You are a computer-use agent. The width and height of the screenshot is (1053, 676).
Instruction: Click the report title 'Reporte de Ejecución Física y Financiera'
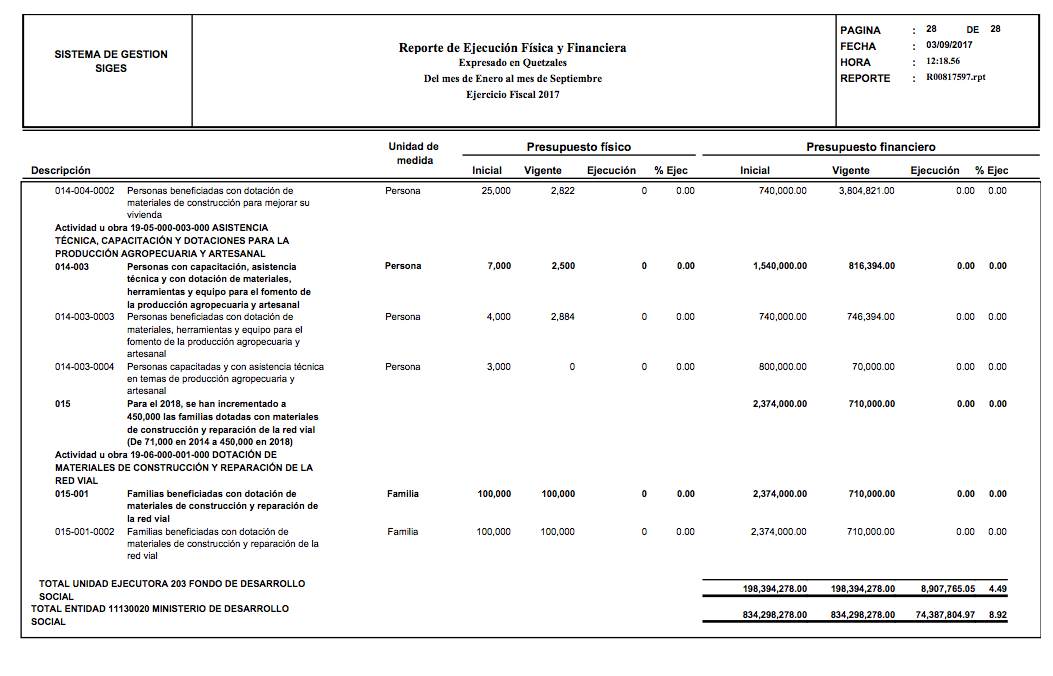pos(512,48)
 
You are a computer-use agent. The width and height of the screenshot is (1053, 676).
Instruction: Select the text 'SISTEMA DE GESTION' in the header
pos(111,54)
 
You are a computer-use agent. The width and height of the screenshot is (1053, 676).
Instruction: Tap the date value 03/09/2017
pos(949,45)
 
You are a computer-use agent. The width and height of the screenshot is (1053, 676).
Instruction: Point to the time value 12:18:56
pos(945,61)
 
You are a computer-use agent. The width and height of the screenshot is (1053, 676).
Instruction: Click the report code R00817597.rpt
pos(955,77)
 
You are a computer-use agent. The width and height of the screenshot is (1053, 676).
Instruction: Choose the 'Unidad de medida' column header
pos(413,153)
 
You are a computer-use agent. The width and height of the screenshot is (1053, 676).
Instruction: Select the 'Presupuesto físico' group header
pos(579,147)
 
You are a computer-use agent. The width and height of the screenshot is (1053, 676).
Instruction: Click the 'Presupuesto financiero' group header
pos(870,147)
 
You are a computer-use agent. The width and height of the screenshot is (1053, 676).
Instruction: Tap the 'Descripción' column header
pos(60,170)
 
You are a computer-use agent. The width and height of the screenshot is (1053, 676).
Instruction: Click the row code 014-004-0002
pos(84,190)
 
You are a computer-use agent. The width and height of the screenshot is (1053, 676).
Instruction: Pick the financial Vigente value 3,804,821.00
pos(866,190)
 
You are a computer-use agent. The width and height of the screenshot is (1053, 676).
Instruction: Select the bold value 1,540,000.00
pos(779,266)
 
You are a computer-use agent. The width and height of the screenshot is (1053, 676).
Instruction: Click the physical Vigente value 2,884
pos(562,317)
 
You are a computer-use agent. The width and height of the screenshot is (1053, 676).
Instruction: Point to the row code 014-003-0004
pos(84,367)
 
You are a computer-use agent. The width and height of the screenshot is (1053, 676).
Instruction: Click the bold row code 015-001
pos(72,494)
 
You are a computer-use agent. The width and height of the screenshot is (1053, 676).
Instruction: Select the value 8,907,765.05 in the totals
pos(948,589)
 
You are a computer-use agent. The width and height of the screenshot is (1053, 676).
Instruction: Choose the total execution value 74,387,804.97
pos(945,615)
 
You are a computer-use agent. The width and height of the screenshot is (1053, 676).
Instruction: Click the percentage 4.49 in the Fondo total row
pos(997,589)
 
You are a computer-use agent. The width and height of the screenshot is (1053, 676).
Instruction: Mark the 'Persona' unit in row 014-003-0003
pos(403,317)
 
